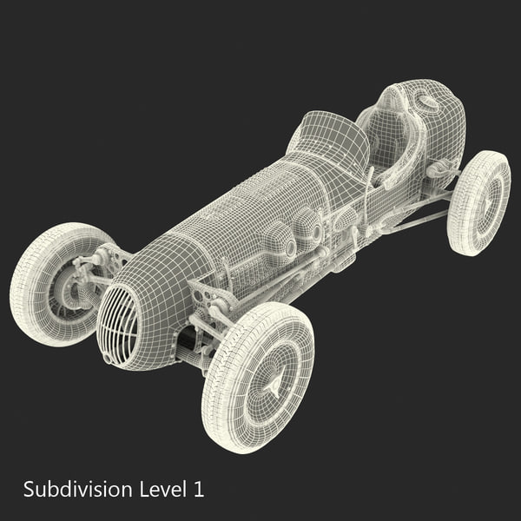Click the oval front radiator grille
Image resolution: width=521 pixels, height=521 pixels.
click(119, 323)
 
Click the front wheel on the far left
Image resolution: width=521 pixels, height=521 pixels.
click(54, 282)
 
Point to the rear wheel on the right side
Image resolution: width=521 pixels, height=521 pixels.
click(478, 202)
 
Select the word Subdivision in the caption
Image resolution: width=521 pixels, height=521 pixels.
click(78, 488)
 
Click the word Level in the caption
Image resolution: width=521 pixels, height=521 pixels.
click(163, 488)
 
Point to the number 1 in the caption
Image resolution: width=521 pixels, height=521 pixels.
click(199, 488)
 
